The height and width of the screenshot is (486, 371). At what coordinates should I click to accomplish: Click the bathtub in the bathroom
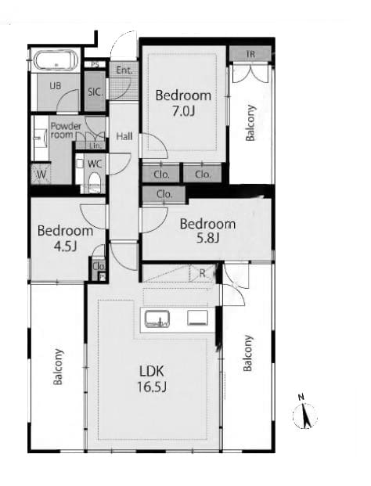click(x=56, y=61)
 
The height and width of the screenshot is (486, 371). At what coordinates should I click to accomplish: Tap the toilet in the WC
click(x=95, y=183)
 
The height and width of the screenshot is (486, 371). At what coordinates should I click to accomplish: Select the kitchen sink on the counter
click(x=157, y=319)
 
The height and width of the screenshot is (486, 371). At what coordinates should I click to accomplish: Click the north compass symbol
click(x=304, y=412)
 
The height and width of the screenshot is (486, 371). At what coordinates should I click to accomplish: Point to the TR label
click(x=250, y=54)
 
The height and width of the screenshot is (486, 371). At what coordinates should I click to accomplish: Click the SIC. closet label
click(x=95, y=92)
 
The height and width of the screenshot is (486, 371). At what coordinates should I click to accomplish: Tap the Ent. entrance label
click(x=124, y=70)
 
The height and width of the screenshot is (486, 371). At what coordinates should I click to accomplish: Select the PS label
click(x=95, y=65)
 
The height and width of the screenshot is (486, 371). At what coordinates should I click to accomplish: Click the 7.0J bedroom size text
click(x=183, y=111)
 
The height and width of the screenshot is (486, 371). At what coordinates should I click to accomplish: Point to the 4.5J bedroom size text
click(x=65, y=246)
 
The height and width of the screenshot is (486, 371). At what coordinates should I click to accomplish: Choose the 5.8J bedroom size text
click(x=208, y=238)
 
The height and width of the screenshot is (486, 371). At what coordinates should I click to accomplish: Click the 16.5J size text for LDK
click(x=152, y=387)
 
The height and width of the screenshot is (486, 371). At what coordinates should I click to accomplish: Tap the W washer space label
click(x=41, y=175)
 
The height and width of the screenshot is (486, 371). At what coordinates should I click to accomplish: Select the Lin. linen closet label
click(x=94, y=145)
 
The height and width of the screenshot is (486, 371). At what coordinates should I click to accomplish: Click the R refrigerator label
click(x=203, y=273)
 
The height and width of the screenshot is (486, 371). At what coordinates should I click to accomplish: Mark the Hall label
click(x=124, y=136)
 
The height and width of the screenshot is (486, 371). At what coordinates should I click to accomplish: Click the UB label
click(x=56, y=86)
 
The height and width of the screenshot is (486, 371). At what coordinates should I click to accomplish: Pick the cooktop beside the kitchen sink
click(x=197, y=319)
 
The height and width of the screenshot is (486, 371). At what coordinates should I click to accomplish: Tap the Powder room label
click(x=66, y=131)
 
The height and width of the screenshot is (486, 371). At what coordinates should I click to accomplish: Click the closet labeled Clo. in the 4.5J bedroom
click(x=99, y=267)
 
